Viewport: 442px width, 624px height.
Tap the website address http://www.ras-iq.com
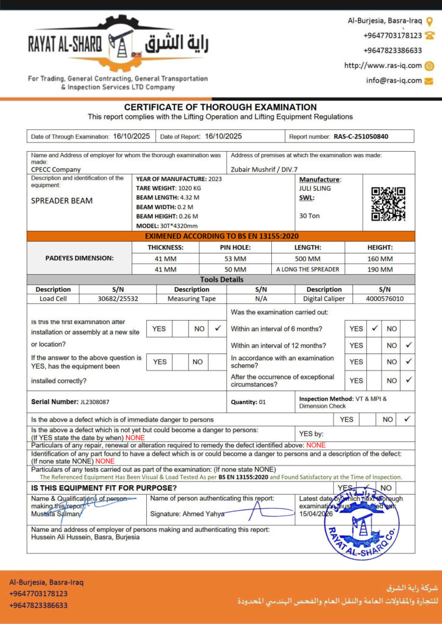point(383,66)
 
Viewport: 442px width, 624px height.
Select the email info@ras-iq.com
point(394,80)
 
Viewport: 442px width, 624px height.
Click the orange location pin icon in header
point(429,21)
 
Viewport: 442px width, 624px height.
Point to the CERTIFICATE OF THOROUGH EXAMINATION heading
point(221,107)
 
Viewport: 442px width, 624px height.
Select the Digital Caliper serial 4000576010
point(384,299)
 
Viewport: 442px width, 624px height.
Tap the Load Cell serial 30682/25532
point(118,299)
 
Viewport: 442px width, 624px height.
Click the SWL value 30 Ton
point(309,216)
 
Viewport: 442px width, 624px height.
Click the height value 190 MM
point(380,269)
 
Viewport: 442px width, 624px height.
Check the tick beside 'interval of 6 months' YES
point(375,328)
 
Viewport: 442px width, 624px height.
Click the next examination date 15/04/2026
point(316,515)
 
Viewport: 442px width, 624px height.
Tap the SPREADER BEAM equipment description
point(62,200)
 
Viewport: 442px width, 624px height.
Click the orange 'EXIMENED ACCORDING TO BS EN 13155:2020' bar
point(221,236)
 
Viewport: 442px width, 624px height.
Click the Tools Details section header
point(221,279)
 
